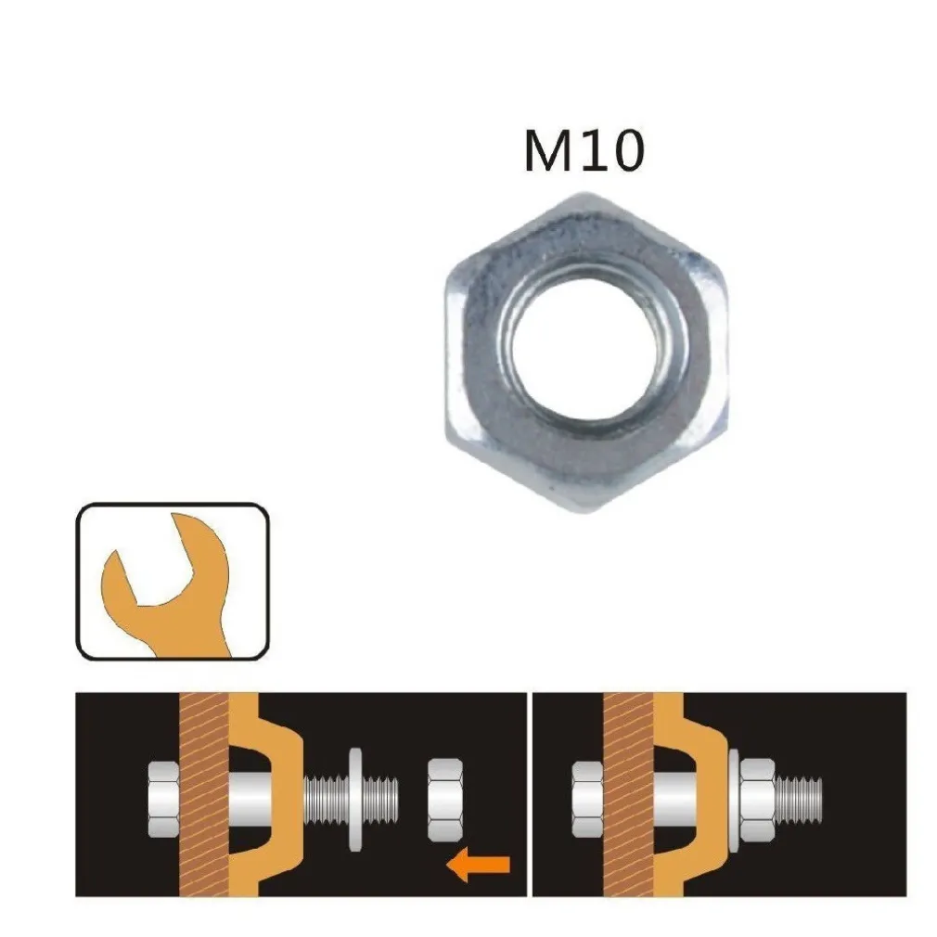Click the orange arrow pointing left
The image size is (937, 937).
pyautogui.click(x=478, y=865)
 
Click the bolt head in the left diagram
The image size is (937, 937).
pyautogui.click(x=164, y=797)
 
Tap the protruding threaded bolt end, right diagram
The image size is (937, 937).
pyautogui.click(x=800, y=796)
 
